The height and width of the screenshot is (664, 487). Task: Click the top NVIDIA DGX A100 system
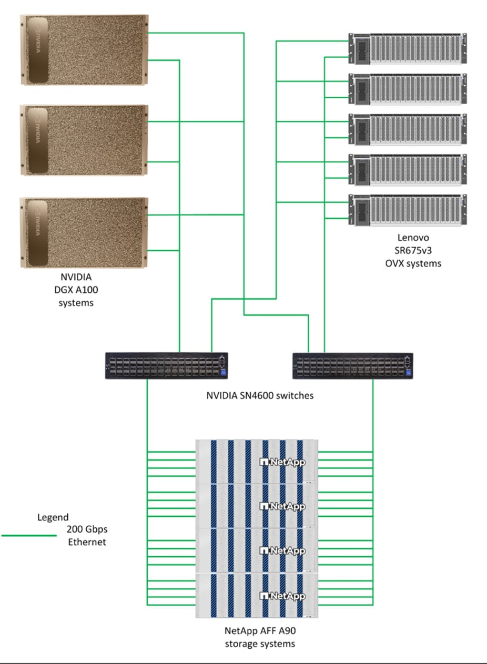(x=84, y=50)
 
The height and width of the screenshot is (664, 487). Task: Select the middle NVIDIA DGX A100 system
(x=84, y=140)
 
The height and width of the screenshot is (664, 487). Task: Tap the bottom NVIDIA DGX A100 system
(x=84, y=232)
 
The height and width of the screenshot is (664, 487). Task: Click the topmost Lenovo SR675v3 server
(x=408, y=49)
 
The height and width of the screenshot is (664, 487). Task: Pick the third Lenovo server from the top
(x=408, y=129)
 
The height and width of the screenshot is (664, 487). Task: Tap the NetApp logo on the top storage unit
(x=283, y=462)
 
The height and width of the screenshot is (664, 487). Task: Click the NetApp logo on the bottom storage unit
(x=283, y=596)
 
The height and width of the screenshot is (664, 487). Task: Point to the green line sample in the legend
(x=29, y=536)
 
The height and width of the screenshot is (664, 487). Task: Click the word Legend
(x=53, y=517)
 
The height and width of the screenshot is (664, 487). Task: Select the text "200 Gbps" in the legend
(x=87, y=529)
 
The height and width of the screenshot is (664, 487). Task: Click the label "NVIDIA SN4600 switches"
(x=260, y=395)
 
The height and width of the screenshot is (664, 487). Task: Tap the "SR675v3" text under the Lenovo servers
(x=413, y=251)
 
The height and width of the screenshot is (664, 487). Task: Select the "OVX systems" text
(x=413, y=263)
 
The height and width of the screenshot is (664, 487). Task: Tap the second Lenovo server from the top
(x=408, y=89)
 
